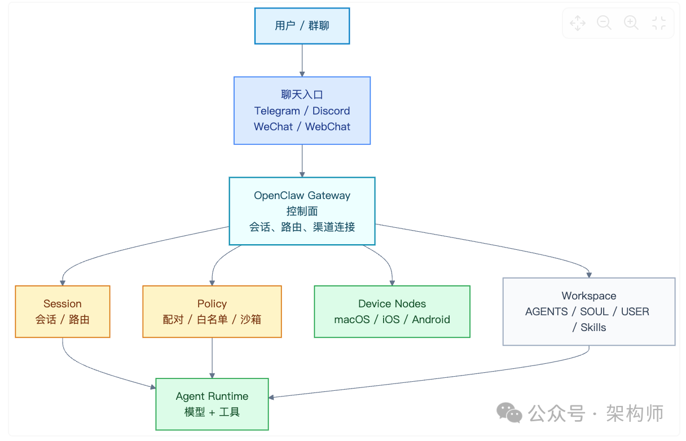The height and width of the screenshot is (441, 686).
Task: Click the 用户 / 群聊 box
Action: (x=302, y=26)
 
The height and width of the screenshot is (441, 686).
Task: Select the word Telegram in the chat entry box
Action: (x=277, y=111)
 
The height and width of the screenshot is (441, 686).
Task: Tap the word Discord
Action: (x=331, y=111)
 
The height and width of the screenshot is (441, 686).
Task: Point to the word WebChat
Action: (x=328, y=126)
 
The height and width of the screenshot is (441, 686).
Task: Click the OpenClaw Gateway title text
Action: (x=302, y=196)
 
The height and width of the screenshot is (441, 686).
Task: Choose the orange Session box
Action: (x=63, y=311)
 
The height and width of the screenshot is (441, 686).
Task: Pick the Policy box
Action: (x=212, y=311)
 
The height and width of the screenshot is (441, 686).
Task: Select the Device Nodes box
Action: (x=392, y=311)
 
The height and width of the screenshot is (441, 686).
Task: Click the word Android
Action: (x=431, y=319)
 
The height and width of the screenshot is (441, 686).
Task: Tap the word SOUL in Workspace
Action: (x=594, y=311)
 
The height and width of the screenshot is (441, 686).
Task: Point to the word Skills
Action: (x=593, y=327)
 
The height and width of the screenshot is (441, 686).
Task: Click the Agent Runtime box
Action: (x=212, y=404)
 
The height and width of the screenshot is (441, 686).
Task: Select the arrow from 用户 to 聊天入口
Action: (x=302, y=60)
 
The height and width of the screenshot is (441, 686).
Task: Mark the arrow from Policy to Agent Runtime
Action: (x=212, y=358)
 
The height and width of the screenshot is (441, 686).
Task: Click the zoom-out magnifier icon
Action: (x=604, y=23)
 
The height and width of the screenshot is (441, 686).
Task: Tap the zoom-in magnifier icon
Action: (x=631, y=23)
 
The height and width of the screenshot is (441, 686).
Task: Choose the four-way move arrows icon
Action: (x=578, y=23)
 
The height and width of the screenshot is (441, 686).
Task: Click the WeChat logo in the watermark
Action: (x=509, y=413)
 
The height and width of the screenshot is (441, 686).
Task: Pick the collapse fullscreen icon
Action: (x=658, y=23)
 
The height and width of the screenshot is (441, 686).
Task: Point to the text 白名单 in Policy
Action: (x=212, y=319)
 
